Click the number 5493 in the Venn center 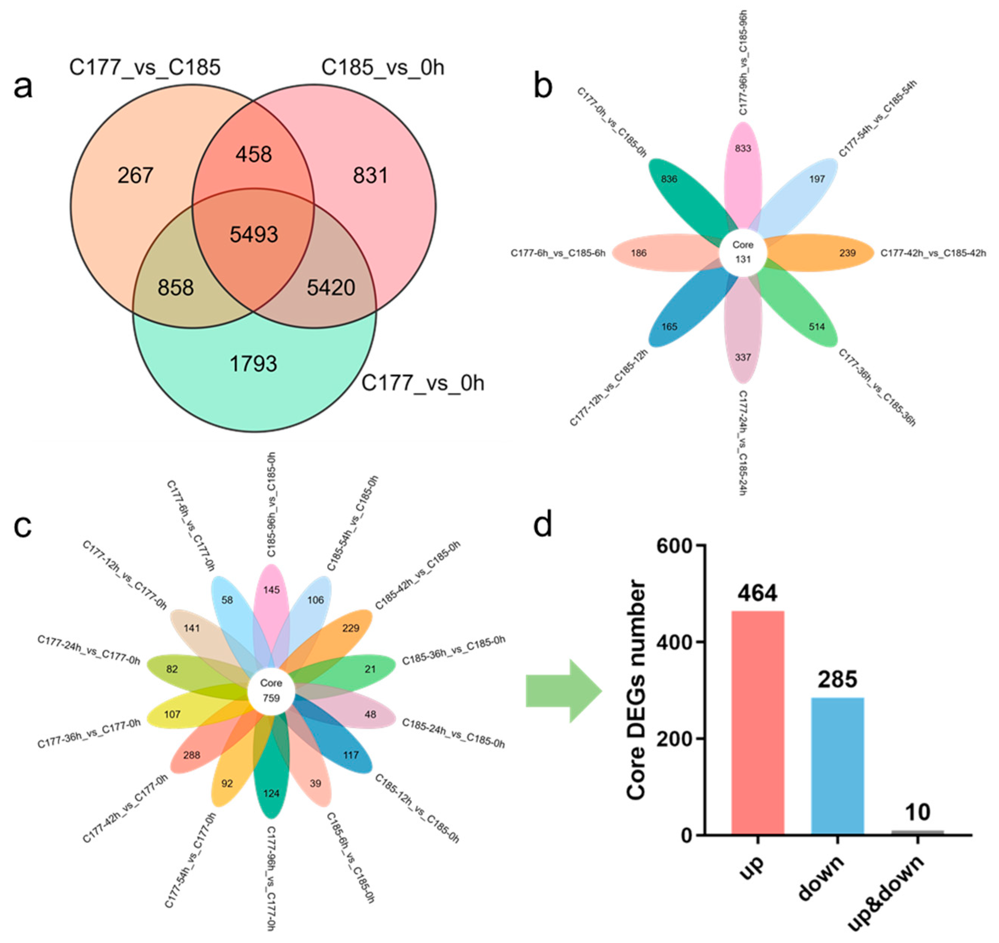click(254, 234)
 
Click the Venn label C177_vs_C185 click(145, 67)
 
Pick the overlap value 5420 click(331, 287)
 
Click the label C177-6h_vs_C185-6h click(558, 253)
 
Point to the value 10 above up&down click(917, 812)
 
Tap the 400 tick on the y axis click(675, 642)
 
